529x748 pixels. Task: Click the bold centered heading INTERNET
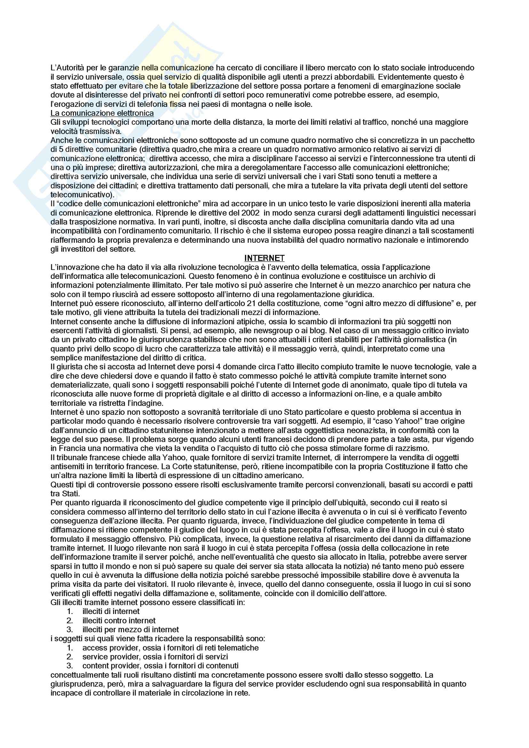point(264,258)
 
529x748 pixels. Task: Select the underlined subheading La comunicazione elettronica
point(102,113)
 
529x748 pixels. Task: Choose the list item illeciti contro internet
point(119,621)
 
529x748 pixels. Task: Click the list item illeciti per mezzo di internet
point(130,630)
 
